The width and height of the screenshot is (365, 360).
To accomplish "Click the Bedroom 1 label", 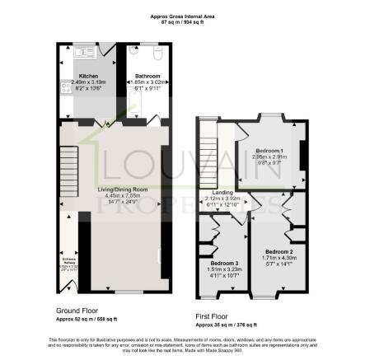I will (x=269, y=152).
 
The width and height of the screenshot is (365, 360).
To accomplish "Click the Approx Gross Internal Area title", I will (x=182, y=15).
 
